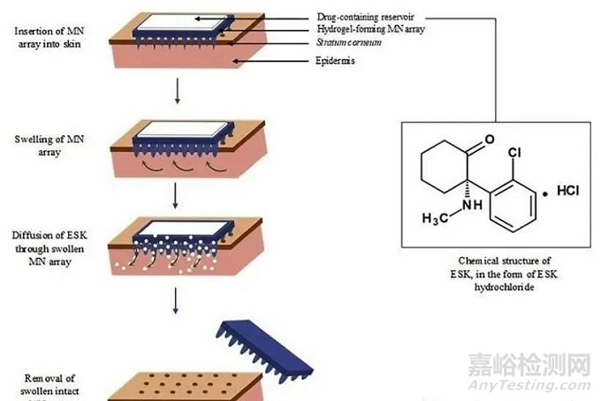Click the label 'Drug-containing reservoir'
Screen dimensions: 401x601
pyautogui.click(x=365, y=17)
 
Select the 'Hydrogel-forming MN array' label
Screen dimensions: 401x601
pyautogui.click(x=367, y=29)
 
